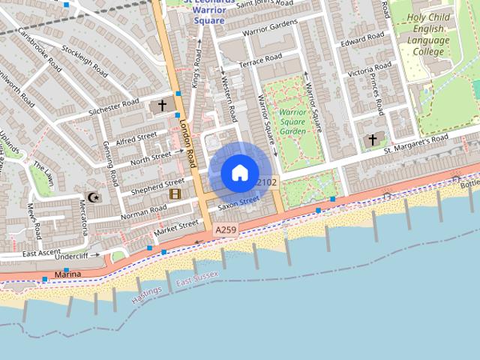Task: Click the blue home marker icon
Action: pyautogui.click(x=239, y=172)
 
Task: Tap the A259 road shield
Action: pyautogui.click(x=224, y=229)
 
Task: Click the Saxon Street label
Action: pyautogui.click(x=238, y=202)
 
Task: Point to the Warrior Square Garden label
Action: pyautogui.click(x=292, y=121)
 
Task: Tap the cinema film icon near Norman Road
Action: pyautogui.click(x=175, y=194)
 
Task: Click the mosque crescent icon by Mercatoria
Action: pyautogui.click(x=93, y=198)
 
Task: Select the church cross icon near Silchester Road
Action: pyautogui.click(x=162, y=106)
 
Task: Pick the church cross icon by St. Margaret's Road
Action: pyautogui.click(x=373, y=140)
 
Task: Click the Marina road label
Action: pyautogui.click(x=67, y=274)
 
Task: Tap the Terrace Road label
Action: pyautogui.click(x=259, y=60)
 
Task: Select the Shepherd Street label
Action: pyautogui.click(x=157, y=185)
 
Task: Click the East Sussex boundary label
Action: pyautogui.click(x=196, y=279)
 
